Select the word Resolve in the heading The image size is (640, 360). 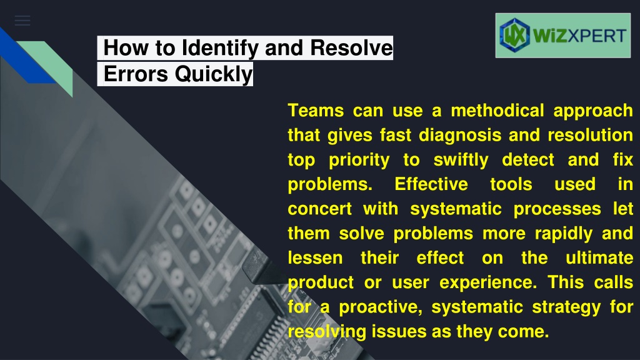351,47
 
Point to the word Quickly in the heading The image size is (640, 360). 214,75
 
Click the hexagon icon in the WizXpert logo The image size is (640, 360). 514,35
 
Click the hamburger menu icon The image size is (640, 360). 22,21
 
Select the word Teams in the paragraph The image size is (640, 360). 316,111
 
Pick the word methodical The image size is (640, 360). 497,111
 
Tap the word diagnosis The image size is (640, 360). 460,136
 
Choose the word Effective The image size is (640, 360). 431,184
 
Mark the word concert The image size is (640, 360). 319,209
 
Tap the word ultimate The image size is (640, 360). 599,258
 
